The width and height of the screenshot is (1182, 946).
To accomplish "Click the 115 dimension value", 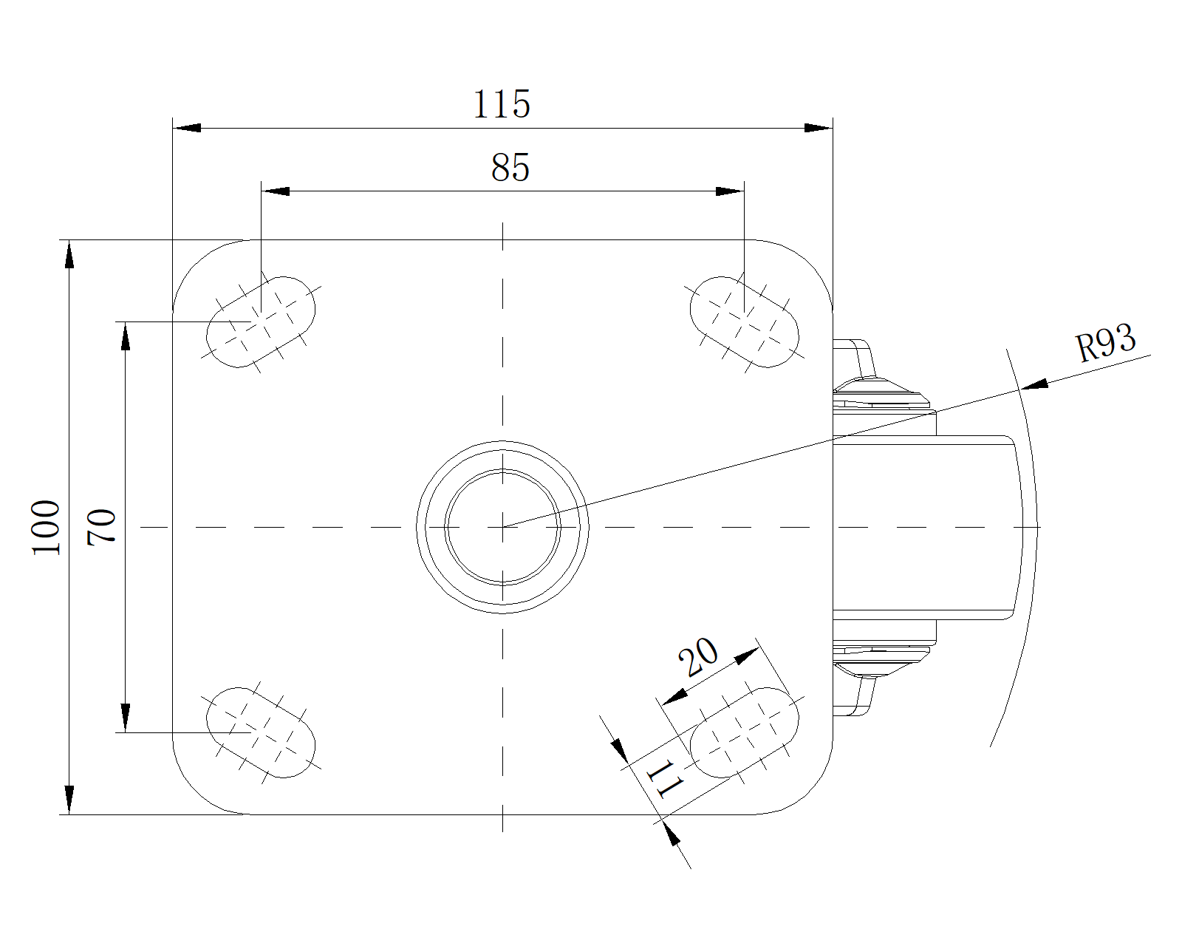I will [502, 104].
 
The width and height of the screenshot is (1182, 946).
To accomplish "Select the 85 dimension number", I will [510, 168].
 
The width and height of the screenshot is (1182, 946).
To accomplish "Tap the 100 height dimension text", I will [46, 527].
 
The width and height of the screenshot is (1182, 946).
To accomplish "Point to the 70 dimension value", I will [102, 527].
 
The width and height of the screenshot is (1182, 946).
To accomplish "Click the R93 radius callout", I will [1105, 344].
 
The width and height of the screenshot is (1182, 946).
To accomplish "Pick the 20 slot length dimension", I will [698, 656].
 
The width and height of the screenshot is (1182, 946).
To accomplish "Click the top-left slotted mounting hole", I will [261, 322].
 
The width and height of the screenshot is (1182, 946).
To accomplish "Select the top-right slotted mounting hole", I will [744, 322].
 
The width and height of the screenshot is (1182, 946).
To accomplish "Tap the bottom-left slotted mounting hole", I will [261, 732].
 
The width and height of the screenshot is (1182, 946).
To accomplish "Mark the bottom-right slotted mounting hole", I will [744, 732].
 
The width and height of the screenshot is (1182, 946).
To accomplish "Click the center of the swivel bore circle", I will [503, 527].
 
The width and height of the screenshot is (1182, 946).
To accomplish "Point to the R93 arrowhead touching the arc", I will [1034, 384].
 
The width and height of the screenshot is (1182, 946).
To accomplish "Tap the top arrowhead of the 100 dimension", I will [69, 254].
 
